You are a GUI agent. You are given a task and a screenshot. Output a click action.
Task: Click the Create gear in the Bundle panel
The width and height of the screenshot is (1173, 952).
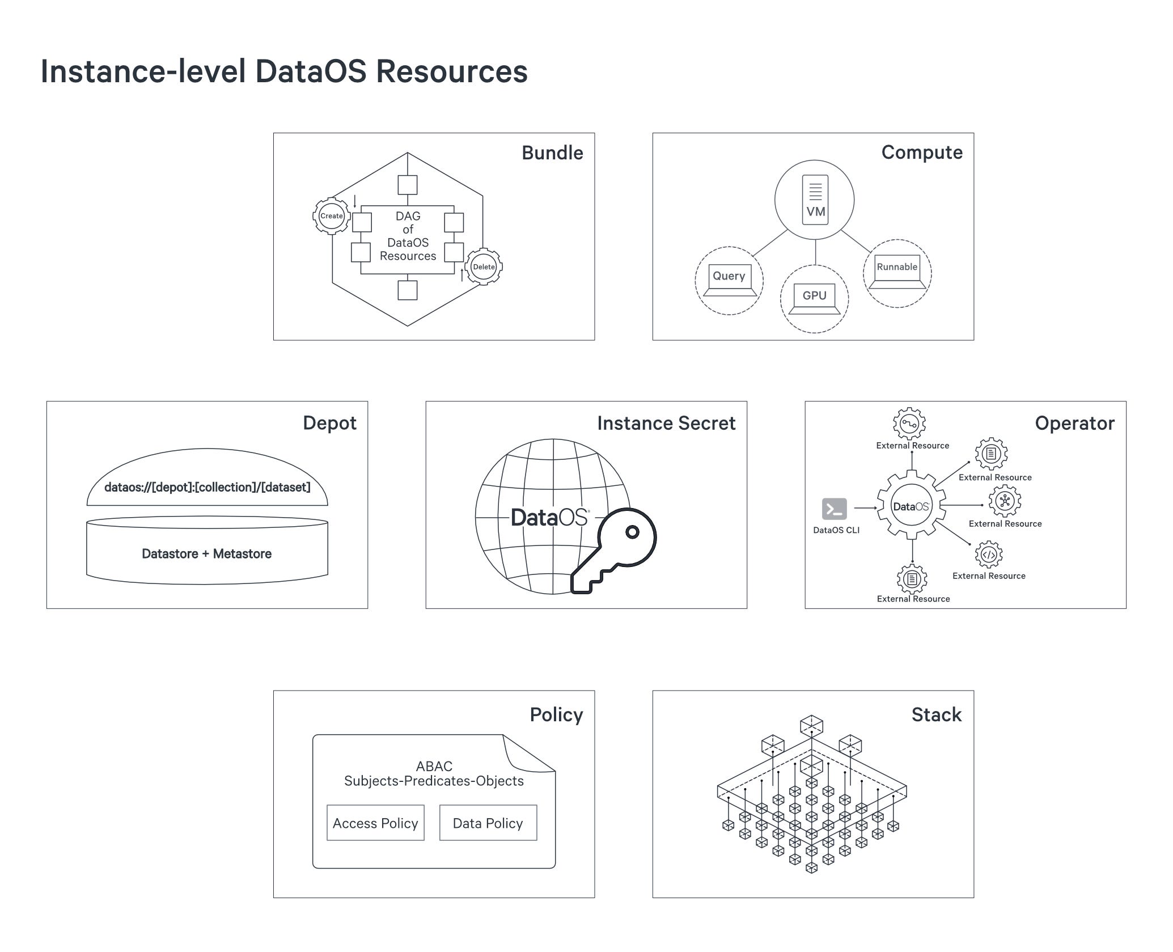(332, 216)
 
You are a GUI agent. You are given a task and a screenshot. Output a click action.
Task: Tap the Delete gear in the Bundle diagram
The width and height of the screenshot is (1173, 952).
(484, 267)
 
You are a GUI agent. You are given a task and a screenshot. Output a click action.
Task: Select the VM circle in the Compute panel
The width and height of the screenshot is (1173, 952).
(815, 200)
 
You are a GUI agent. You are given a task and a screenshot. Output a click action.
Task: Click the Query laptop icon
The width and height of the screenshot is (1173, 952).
(729, 280)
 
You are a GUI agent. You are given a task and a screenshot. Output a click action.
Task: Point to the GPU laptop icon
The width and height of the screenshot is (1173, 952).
(814, 298)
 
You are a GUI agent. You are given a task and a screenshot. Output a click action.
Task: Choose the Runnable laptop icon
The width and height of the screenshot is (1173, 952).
(897, 271)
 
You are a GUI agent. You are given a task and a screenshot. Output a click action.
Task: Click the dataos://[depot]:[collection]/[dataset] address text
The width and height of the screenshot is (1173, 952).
(208, 488)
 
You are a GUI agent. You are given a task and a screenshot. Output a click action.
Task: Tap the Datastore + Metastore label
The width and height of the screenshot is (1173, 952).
(207, 554)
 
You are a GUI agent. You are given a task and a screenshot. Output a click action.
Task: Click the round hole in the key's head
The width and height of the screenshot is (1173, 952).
(632, 532)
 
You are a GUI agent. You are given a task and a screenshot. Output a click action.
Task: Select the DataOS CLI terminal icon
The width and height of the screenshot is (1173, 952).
(835, 509)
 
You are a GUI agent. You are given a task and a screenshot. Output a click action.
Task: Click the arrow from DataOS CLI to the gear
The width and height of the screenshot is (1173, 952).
(865, 508)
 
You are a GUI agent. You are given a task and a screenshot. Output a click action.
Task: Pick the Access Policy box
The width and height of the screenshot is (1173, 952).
(375, 823)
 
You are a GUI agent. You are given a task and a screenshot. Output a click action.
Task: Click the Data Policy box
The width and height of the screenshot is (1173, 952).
(488, 823)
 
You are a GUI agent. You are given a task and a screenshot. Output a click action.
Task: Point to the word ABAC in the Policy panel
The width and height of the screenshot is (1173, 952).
(434, 767)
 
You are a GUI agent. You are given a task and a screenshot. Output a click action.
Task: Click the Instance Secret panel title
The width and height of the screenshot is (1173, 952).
(666, 424)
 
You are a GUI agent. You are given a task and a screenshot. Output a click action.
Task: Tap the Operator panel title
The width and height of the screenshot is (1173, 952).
(1074, 424)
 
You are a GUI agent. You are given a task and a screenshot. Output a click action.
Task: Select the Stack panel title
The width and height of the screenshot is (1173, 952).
(936, 715)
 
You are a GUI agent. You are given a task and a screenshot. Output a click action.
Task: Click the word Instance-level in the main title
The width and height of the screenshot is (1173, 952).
(143, 72)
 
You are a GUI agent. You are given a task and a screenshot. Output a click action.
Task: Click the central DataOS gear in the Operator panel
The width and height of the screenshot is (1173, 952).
(911, 506)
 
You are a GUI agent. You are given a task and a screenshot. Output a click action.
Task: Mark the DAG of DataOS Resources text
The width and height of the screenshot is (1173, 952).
(408, 236)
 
